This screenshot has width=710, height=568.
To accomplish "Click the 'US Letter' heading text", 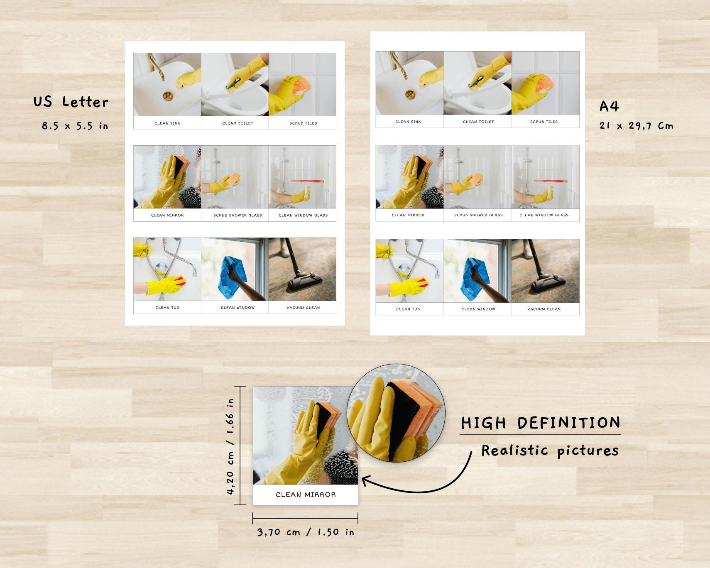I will [x=71, y=102].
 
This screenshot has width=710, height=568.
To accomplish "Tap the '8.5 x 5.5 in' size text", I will [x=75, y=126].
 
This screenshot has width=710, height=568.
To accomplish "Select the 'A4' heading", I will [x=609, y=107].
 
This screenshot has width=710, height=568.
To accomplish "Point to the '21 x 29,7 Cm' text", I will [x=636, y=126].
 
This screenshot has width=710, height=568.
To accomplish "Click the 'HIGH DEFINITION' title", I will [x=540, y=423].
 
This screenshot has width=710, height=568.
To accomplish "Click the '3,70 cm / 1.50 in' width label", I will [x=306, y=532].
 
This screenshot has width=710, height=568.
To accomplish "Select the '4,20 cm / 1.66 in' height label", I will [x=231, y=446].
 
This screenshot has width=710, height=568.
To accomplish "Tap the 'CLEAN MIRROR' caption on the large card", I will [x=306, y=495].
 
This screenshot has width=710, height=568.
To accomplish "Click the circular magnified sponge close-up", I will [x=396, y=413].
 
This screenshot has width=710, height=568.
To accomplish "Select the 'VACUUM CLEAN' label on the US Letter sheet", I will [x=303, y=308].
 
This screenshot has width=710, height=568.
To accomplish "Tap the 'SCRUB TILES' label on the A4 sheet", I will [x=544, y=122].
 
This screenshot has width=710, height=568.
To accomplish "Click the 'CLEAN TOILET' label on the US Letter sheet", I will [x=237, y=123].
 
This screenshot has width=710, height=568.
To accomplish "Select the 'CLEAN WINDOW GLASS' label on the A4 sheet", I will [x=544, y=215].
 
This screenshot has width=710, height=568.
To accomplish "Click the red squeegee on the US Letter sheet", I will [x=307, y=181].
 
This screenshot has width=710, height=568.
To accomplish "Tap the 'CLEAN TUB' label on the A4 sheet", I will [x=408, y=309].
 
